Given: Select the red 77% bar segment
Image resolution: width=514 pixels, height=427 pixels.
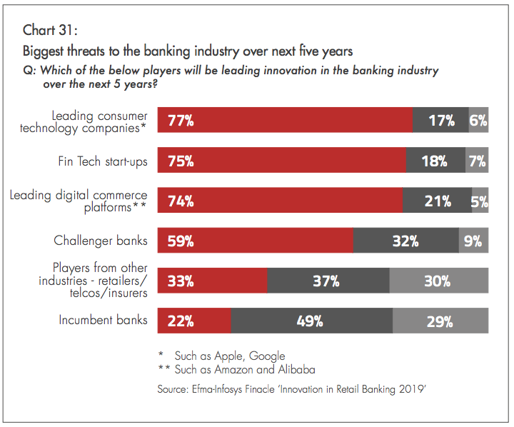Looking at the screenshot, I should (284, 120).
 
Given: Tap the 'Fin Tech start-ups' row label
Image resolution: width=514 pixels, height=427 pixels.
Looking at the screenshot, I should (103, 161).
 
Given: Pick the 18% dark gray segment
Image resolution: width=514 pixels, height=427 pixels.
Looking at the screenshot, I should (435, 161).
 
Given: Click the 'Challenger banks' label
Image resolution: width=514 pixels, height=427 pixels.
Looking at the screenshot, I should (101, 241).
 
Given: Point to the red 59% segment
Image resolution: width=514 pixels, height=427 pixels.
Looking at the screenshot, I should (255, 241).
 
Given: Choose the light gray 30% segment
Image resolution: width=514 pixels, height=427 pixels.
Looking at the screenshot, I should (438, 281).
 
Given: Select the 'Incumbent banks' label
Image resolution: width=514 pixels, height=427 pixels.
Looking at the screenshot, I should (103, 320).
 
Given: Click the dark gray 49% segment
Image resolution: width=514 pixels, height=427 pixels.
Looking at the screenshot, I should (311, 321).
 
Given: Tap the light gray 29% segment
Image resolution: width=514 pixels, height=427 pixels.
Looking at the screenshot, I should (440, 321).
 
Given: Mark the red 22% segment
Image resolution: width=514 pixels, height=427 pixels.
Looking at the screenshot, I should (194, 321).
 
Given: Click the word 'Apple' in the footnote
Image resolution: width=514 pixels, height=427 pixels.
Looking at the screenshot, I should (231, 356).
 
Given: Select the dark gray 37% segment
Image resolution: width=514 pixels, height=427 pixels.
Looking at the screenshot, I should (328, 281).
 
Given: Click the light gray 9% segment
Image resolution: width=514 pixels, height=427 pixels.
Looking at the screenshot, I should (473, 241).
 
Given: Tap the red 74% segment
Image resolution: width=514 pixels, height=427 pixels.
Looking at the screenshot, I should (279, 201).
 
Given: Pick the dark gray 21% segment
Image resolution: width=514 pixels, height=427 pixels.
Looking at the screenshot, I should (436, 201).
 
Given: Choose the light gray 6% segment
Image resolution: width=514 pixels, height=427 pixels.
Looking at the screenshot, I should (478, 120).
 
